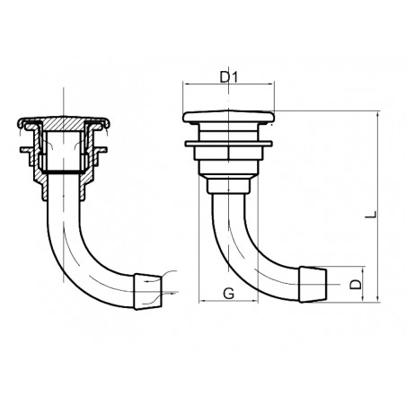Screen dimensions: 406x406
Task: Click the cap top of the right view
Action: (228, 118)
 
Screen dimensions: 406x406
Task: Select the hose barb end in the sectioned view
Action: (147, 289)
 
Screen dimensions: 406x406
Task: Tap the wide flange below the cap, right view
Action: (228, 143)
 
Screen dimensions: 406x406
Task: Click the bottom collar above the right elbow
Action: (228, 186)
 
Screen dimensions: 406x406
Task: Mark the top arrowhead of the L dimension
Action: (377, 116)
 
